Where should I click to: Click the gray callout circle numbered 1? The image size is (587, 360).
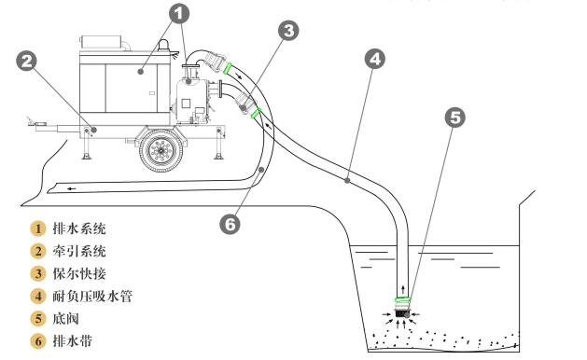[179, 14]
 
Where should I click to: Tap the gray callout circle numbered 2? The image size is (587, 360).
[26, 62]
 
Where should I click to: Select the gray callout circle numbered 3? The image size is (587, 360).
[288, 31]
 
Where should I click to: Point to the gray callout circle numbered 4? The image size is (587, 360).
[375, 59]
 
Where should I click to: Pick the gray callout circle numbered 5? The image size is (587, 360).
[454, 118]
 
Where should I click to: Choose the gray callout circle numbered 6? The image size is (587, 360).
[230, 225]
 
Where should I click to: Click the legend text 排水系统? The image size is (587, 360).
[79, 228]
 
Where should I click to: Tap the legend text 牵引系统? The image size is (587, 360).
[79, 251]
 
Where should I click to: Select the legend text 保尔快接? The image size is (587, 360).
[79, 273]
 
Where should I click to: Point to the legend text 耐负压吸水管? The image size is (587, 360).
[92, 296]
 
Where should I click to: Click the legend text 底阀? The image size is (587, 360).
[66, 319]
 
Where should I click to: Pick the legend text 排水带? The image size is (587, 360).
[73, 341]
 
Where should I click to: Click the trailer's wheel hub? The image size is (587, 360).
[161, 150]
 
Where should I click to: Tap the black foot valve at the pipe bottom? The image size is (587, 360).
[402, 311]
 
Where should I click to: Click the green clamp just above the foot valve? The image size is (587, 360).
[403, 299]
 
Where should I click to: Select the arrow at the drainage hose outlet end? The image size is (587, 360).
[72, 188]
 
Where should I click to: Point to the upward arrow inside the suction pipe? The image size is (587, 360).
[403, 289]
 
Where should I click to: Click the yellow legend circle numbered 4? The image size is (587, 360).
[38, 297]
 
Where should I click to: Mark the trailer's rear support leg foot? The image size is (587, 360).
[218, 157]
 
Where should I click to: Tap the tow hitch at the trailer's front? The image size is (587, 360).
[36, 123]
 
